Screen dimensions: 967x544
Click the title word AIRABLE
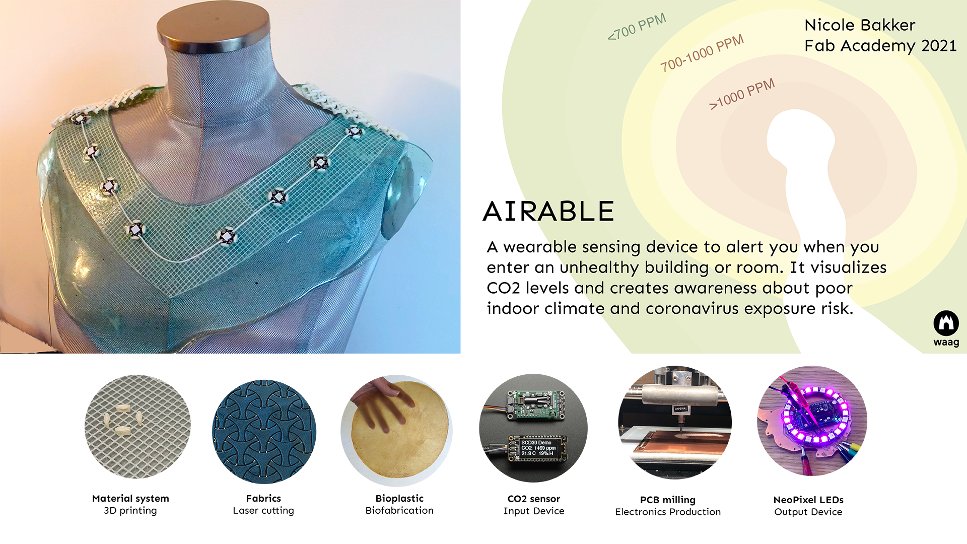point(548,211)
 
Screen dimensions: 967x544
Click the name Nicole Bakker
point(860,25)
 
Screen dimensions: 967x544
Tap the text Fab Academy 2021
point(880,46)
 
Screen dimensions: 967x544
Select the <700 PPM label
point(637,27)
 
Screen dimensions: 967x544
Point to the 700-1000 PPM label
point(702,53)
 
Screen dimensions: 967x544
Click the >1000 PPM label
point(742,94)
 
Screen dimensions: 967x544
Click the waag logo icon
point(946,323)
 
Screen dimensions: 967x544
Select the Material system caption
point(130,499)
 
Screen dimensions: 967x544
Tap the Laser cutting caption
point(263,511)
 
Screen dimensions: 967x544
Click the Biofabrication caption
point(399,511)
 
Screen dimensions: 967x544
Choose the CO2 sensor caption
point(534,499)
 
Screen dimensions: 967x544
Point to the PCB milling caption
point(668,500)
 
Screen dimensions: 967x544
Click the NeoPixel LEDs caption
point(808,500)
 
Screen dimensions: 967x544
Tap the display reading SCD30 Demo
point(538,448)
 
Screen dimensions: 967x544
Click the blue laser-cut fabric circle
point(264,432)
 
